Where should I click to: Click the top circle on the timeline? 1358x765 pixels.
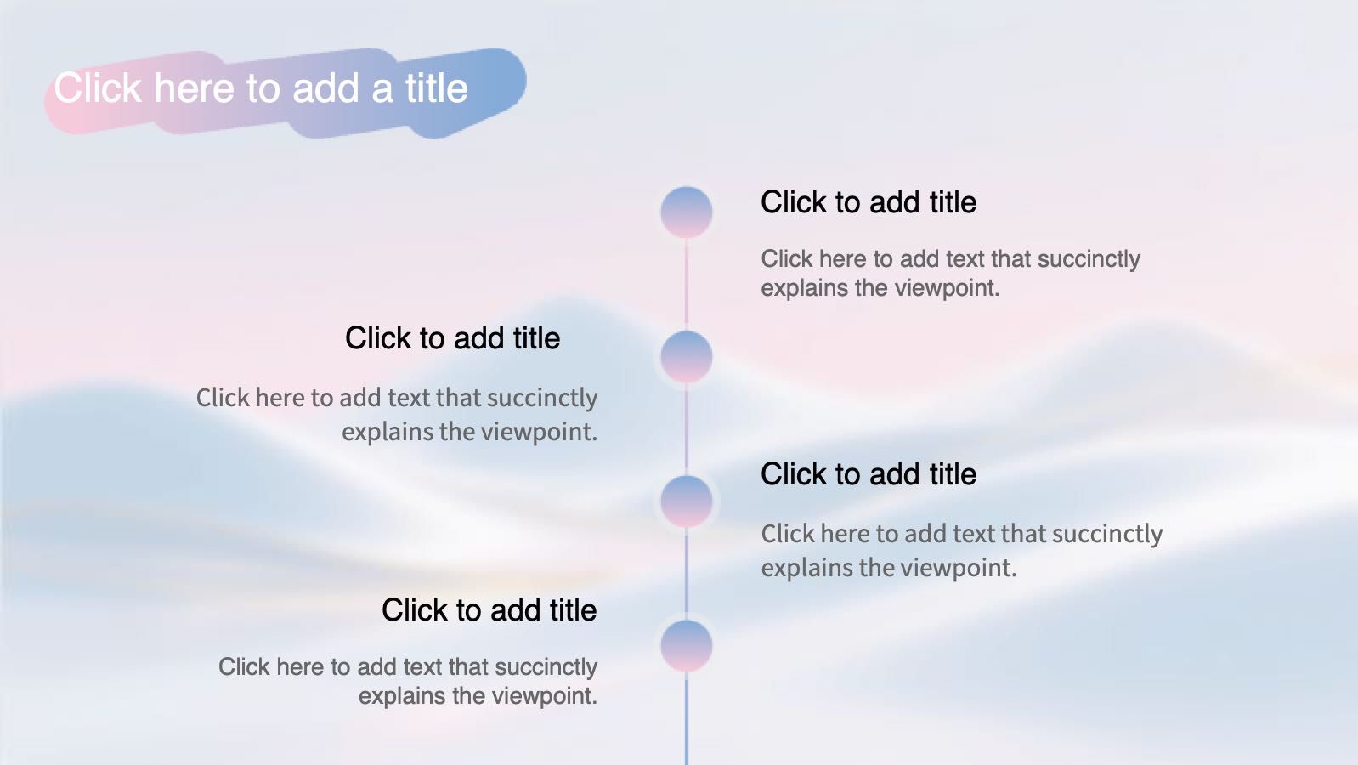[x=687, y=212]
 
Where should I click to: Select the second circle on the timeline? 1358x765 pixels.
[x=687, y=357]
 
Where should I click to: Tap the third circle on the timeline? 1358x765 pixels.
[x=687, y=501]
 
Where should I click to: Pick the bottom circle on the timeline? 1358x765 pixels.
[x=687, y=646]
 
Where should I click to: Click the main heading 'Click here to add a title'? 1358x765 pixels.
[x=261, y=88]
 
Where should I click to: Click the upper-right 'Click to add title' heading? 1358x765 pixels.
[x=869, y=202]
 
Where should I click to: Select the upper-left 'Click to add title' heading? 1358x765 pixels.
[x=452, y=338]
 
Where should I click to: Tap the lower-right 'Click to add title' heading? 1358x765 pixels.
[x=869, y=474]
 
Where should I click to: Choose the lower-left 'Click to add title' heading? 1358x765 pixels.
[x=489, y=609]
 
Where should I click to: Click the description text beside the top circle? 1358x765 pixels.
[x=951, y=274]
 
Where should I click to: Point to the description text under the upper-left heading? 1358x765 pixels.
[x=397, y=415]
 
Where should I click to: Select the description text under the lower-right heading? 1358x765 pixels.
[x=961, y=551]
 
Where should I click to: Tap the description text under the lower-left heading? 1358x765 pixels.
[x=407, y=682]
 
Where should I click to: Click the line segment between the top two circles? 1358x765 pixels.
[x=687, y=285]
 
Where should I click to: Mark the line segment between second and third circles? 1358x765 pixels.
[x=687, y=429]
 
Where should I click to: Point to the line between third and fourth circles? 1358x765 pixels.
[x=687, y=574]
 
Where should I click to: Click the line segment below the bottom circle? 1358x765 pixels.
[x=687, y=718]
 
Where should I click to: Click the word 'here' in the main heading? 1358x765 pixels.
[x=194, y=88]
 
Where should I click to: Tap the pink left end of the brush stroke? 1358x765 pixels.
[x=66, y=106]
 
